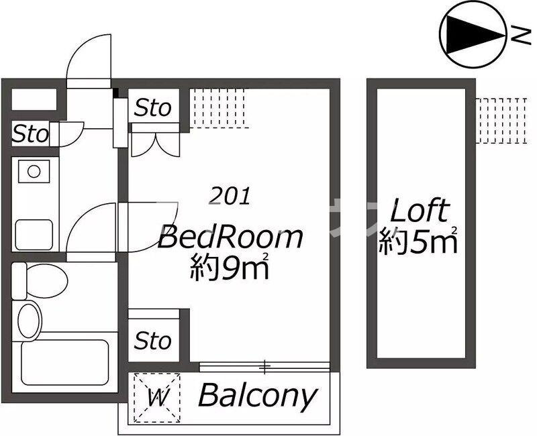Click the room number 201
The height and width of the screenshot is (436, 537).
coord(230,197)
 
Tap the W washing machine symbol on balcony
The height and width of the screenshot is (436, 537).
coord(158,397)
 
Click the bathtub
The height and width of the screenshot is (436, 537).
coord(65,362)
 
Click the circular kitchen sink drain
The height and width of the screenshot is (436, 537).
coord(34,171)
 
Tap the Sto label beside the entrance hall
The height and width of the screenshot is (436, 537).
coord(30,133)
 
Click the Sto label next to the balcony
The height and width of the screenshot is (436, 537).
coord(153,341)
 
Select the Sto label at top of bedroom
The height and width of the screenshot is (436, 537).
coord(153,107)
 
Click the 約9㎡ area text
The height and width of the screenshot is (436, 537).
coord(229,266)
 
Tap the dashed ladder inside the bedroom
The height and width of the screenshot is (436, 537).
coord(219,108)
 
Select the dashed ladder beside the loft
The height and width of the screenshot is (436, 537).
coord(501,121)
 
